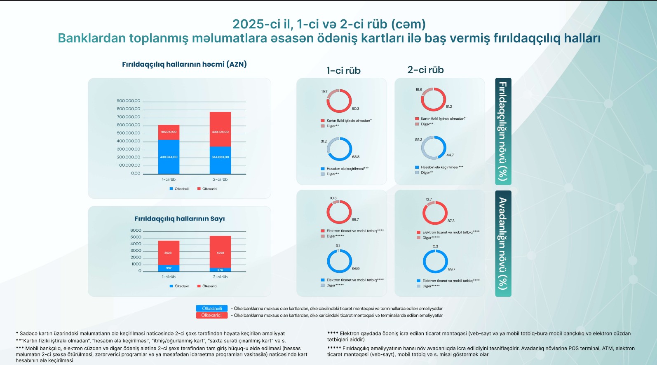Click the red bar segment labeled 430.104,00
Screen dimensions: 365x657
(220, 129)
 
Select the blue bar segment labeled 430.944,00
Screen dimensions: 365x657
(169, 157)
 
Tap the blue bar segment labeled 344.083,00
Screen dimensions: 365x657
(220, 160)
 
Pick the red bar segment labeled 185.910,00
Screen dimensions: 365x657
(169, 132)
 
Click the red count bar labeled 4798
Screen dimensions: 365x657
(220, 252)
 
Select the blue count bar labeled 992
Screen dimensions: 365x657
(169, 268)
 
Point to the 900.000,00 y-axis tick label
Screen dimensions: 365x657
(128, 101)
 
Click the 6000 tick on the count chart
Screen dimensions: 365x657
(136, 230)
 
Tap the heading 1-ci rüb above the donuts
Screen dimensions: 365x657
(343, 71)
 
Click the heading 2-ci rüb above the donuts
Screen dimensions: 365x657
(425, 70)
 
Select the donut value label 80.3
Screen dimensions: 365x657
(355, 109)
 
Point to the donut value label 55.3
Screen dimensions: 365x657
(418, 140)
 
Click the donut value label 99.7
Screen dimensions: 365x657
(451, 269)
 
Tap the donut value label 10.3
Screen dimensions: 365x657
(333, 198)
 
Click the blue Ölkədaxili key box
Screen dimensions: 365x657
(212, 309)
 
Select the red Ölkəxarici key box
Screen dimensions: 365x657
(211, 315)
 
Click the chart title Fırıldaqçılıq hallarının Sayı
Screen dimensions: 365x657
(179, 219)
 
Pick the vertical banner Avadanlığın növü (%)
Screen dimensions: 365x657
(503, 243)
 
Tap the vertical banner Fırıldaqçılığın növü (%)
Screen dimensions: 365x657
(503, 131)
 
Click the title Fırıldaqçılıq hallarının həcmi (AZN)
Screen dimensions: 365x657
(184, 64)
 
